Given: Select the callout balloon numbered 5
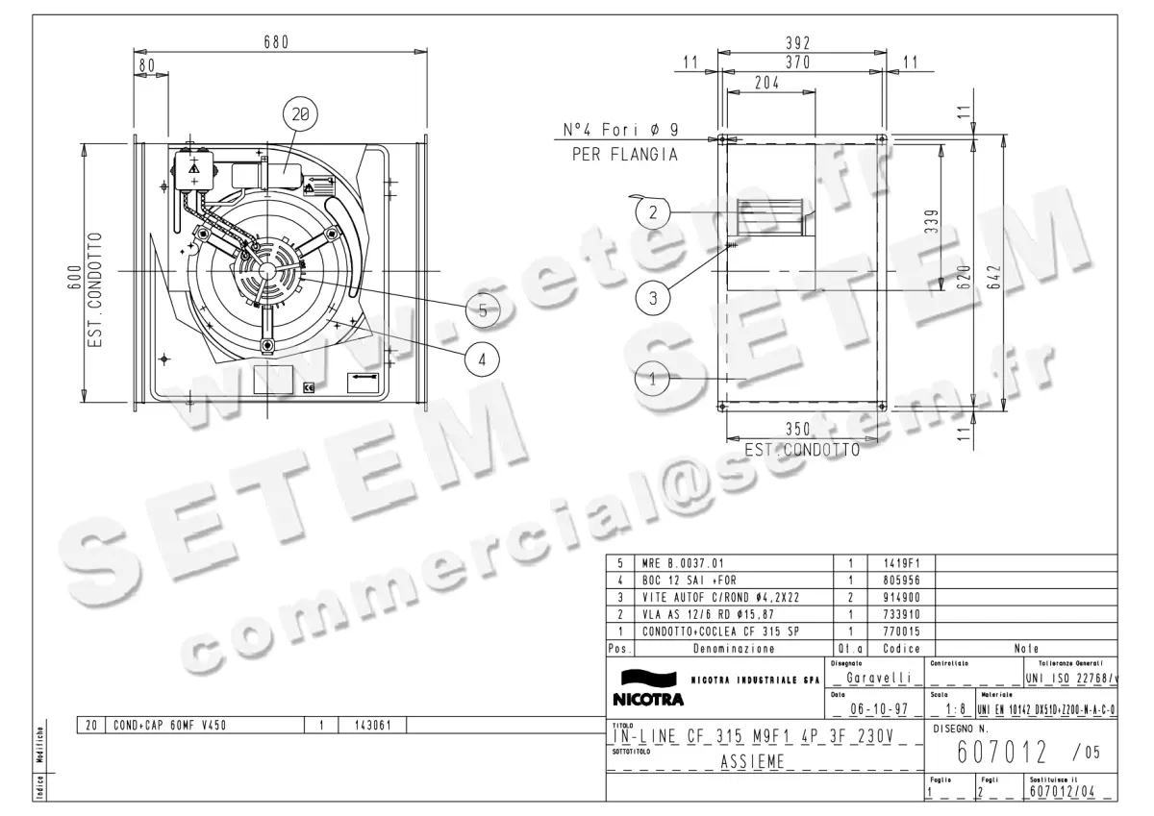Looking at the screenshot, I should tap(483, 309).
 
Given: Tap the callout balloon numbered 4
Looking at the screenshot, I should tap(483, 359).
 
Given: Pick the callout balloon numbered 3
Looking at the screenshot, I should tap(653, 297).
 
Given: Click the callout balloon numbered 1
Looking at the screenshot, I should tap(653, 379).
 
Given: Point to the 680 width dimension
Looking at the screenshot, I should tap(276, 41).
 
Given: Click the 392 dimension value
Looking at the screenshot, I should tap(798, 43).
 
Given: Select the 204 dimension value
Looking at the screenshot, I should tap(766, 83).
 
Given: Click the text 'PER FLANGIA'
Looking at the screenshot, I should tap(625, 154).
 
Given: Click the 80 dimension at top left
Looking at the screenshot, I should tap(146, 65).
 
